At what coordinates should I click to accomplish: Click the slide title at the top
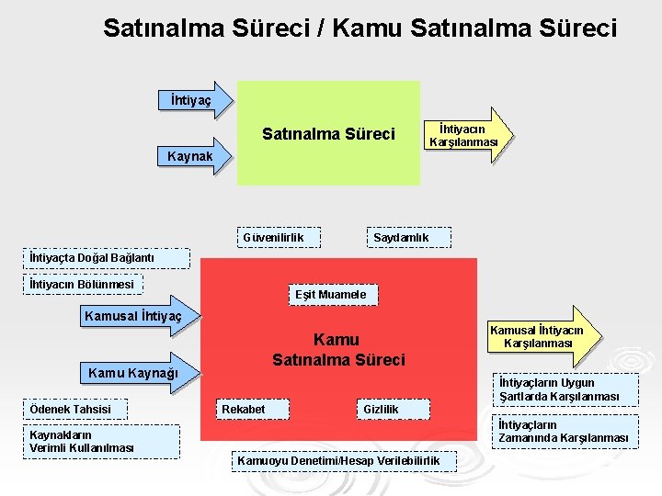(360, 28)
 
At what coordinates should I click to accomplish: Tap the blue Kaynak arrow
(195, 157)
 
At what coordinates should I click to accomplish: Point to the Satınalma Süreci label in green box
(328, 135)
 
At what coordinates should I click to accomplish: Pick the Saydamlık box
(400, 239)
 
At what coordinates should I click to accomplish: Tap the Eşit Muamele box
(330, 295)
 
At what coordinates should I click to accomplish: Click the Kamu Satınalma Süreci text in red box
(338, 350)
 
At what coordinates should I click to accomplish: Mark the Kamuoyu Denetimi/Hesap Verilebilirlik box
(339, 460)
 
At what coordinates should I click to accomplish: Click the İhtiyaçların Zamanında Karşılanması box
(565, 432)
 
